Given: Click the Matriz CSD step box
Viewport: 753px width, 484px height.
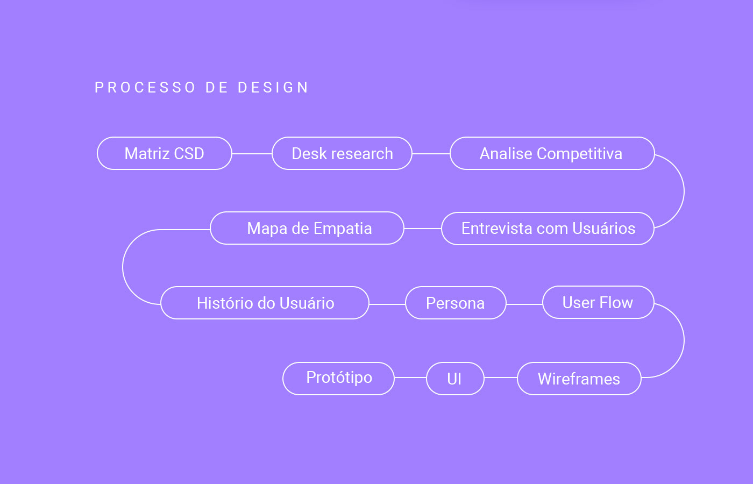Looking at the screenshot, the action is [x=164, y=153].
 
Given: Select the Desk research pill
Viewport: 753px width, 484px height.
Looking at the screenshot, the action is [x=342, y=153].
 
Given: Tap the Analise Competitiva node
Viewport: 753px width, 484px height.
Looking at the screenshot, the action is [x=552, y=153].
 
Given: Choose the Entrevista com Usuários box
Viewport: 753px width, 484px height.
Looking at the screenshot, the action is [x=548, y=229].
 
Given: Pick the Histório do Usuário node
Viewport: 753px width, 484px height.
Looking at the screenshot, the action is [x=265, y=303].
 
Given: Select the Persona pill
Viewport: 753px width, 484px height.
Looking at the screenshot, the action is [x=456, y=303].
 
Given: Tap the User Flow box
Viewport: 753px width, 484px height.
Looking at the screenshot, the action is [x=598, y=302].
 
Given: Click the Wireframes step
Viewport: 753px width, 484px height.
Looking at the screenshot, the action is [x=579, y=379].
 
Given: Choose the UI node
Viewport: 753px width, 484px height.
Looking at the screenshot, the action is [x=455, y=379].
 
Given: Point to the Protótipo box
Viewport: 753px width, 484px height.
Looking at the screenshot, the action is [x=338, y=379].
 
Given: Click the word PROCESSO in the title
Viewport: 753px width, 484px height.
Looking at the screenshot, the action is [x=145, y=88].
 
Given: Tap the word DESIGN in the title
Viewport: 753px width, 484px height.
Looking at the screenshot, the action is [x=273, y=88].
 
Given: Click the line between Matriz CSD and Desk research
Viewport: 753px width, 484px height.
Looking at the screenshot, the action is [x=252, y=154].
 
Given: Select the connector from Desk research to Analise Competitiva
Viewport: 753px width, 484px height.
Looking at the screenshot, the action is [x=431, y=154].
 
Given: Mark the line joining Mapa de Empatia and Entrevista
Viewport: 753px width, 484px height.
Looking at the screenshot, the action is [x=422, y=229].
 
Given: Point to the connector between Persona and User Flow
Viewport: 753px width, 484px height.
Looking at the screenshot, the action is [x=524, y=304].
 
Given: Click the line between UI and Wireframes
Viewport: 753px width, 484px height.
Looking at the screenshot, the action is [x=500, y=378].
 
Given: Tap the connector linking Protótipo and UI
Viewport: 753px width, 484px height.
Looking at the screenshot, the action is [x=410, y=378].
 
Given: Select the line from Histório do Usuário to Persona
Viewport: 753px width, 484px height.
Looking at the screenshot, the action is [x=387, y=304].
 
